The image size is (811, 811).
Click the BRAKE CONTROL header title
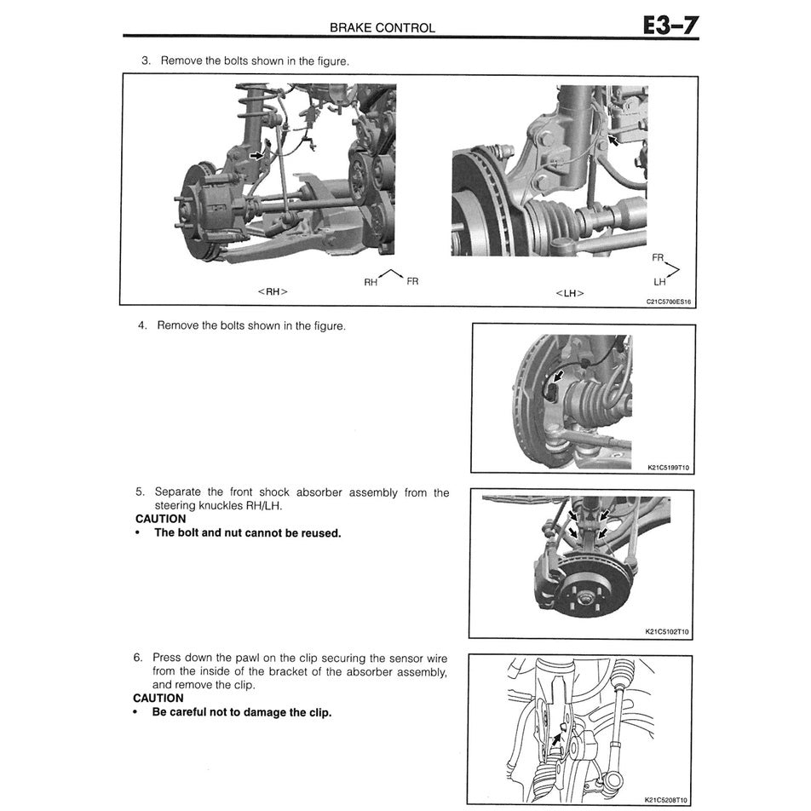click(x=382, y=27)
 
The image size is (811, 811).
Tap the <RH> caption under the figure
click(x=272, y=291)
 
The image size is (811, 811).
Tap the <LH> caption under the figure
click(x=570, y=293)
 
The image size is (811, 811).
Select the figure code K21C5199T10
click(x=667, y=467)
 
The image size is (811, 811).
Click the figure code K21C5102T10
click(x=667, y=632)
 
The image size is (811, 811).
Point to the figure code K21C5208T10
click(x=667, y=800)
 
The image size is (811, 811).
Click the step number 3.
click(x=145, y=61)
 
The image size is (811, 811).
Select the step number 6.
click(x=137, y=658)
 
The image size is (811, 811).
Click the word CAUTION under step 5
click(x=160, y=518)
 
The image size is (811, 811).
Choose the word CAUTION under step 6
click(x=158, y=698)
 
